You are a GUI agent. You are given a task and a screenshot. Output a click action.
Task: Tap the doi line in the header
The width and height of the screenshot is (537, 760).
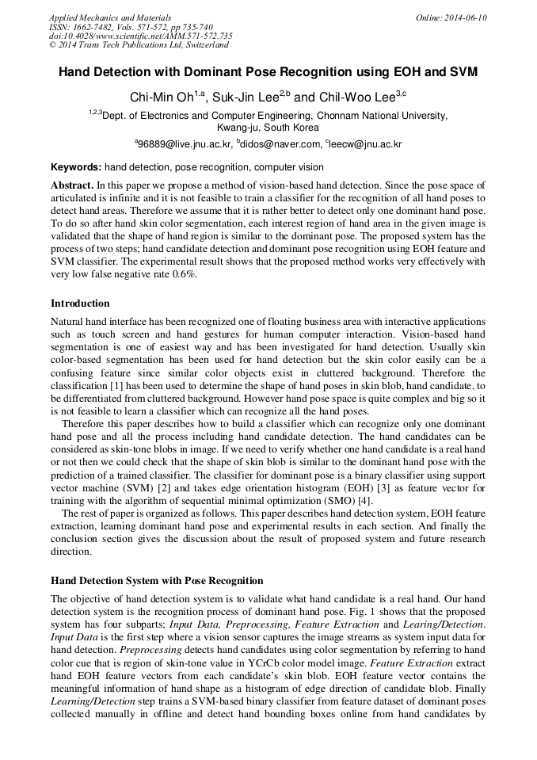pos(140,36)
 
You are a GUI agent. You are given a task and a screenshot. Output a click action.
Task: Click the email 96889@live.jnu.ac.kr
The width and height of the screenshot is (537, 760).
pos(185,144)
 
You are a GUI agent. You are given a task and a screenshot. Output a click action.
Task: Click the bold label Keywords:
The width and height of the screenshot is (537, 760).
pos(76,167)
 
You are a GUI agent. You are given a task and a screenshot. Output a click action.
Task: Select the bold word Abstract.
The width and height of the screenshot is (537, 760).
pos(71,185)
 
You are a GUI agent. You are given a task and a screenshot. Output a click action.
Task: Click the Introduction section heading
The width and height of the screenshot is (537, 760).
pos(80,304)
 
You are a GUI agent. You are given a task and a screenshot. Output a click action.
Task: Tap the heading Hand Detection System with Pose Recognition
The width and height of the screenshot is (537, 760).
pos(157,580)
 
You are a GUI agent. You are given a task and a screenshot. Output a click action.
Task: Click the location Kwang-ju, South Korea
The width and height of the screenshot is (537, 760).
pos(268,127)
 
